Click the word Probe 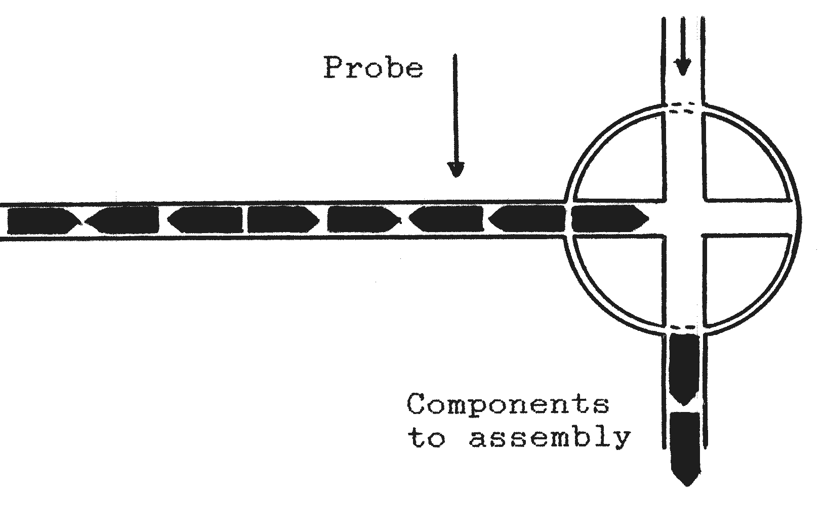click(374, 67)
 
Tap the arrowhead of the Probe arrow click(456, 170)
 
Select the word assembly click(550, 438)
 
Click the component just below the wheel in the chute click(684, 369)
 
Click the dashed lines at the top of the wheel click(682, 108)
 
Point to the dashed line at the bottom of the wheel click(683, 327)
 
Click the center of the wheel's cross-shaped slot click(684, 218)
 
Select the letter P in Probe click(335, 67)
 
